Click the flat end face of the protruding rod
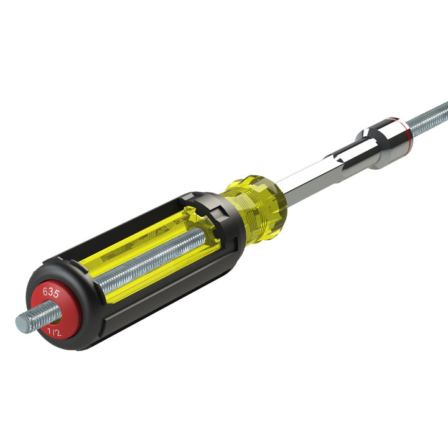point(21,324)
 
